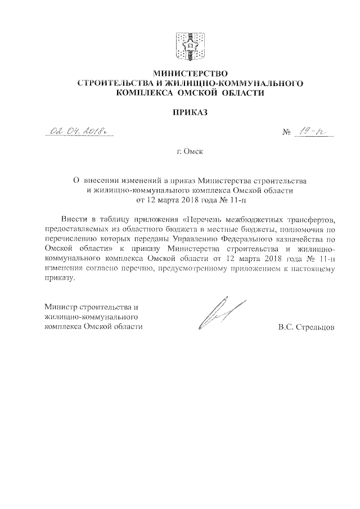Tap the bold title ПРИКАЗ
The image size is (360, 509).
pyautogui.click(x=189, y=112)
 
